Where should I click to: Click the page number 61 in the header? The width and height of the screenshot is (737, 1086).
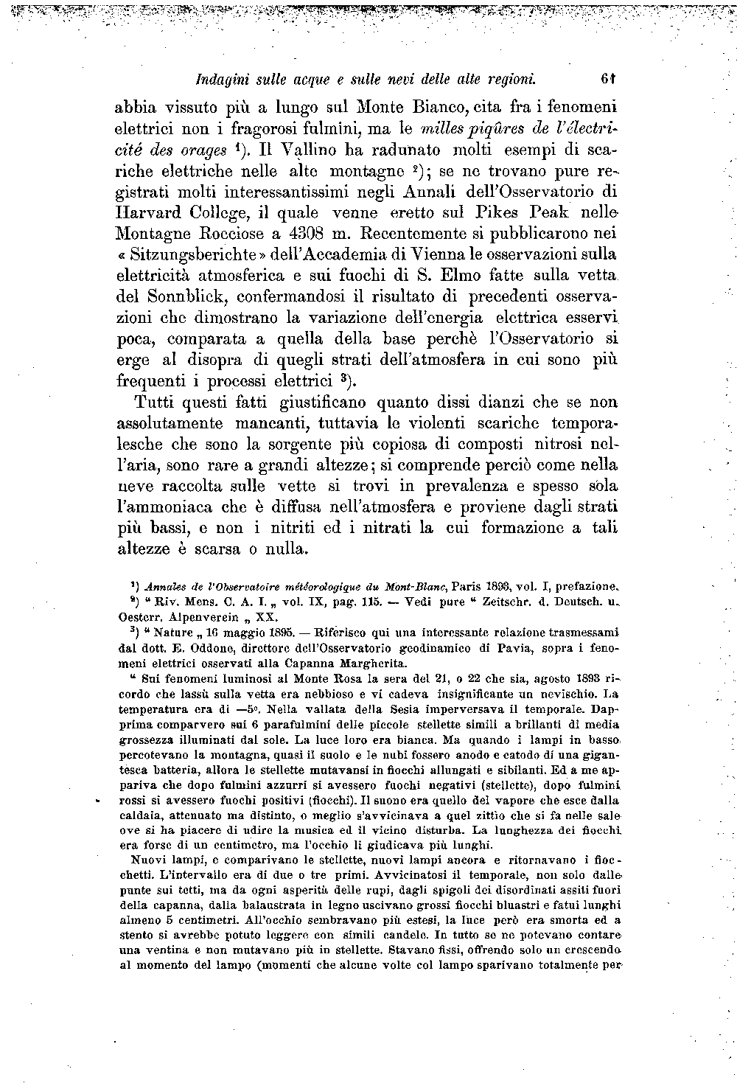[x=608, y=78]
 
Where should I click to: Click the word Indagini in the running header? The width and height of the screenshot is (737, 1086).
[x=214, y=78]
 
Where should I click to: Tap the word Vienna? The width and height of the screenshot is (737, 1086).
[x=425, y=256]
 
